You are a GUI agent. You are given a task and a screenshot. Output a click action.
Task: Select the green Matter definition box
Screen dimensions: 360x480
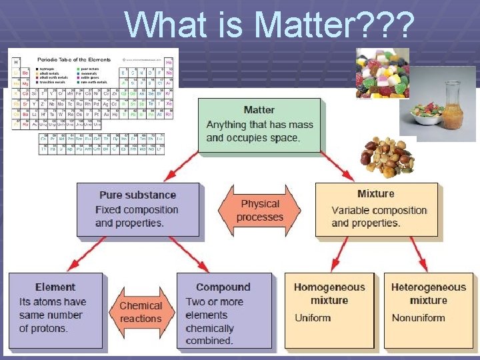click(x=259, y=125)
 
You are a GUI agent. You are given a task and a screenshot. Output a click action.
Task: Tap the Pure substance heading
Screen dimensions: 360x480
click(x=137, y=195)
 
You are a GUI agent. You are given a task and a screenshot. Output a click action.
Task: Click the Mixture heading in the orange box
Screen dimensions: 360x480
click(x=375, y=194)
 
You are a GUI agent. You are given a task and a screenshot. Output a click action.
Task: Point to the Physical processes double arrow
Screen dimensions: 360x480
click(x=259, y=211)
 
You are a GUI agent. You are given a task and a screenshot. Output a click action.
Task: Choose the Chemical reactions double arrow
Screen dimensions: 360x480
click(x=140, y=312)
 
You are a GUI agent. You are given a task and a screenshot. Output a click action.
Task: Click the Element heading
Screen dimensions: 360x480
click(x=55, y=287)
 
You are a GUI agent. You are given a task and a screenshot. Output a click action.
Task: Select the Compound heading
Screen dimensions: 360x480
click(x=223, y=287)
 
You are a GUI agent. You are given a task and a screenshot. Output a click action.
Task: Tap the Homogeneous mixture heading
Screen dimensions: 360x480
click(x=329, y=293)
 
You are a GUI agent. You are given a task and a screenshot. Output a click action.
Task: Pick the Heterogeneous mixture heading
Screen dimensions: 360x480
click(x=428, y=293)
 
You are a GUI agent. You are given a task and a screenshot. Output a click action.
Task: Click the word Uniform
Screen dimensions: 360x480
click(x=313, y=317)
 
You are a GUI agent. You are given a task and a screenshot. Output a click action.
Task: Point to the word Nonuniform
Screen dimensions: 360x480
click(x=418, y=317)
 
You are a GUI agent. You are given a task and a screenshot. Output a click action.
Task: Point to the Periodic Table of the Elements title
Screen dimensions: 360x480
click(x=74, y=59)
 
